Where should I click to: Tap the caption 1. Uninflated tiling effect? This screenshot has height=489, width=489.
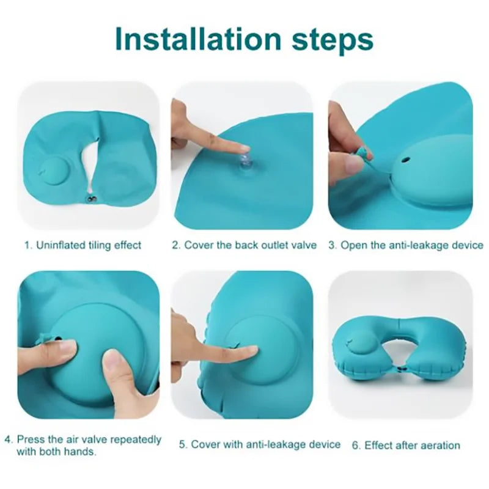pyautogui.click(x=83, y=245)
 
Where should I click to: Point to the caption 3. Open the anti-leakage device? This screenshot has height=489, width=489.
pyautogui.click(x=406, y=245)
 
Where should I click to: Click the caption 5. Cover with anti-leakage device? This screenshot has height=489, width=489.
pyautogui.click(x=259, y=444)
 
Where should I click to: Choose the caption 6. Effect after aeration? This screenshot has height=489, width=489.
pyautogui.click(x=406, y=445)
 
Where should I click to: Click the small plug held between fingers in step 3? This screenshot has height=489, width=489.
pyautogui.click(x=366, y=153)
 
